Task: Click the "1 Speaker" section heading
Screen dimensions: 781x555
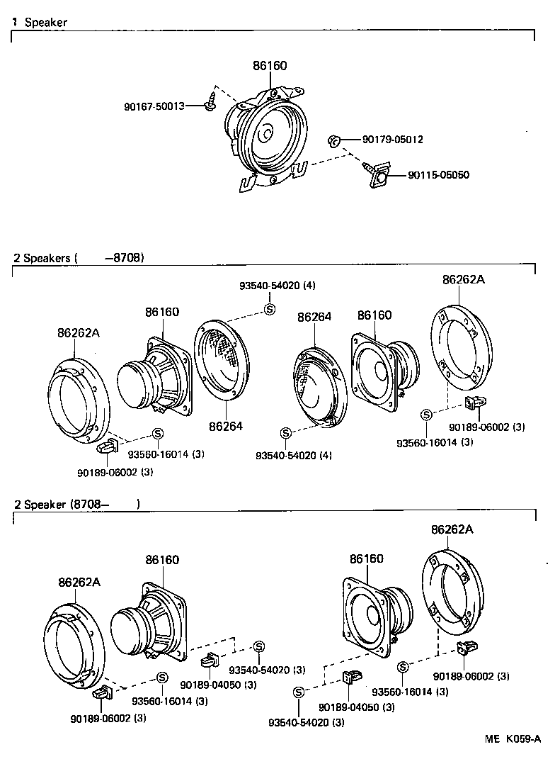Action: [40, 23]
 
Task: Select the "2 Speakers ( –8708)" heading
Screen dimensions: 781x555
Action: [79, 257]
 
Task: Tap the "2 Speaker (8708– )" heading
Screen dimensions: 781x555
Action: [77, 505]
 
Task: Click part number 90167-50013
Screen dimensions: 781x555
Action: [154, 106]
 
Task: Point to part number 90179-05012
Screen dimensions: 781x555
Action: [392, 140]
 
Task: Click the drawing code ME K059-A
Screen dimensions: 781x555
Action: [513, 738]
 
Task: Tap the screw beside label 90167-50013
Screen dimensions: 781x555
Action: [210, 101]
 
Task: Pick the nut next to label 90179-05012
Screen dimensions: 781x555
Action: [336, 141]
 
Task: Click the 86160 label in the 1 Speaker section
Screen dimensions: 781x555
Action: [270, 66]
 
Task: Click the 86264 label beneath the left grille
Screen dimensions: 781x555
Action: [225, 426]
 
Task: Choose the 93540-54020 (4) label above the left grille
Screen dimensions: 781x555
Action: [277, 286]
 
